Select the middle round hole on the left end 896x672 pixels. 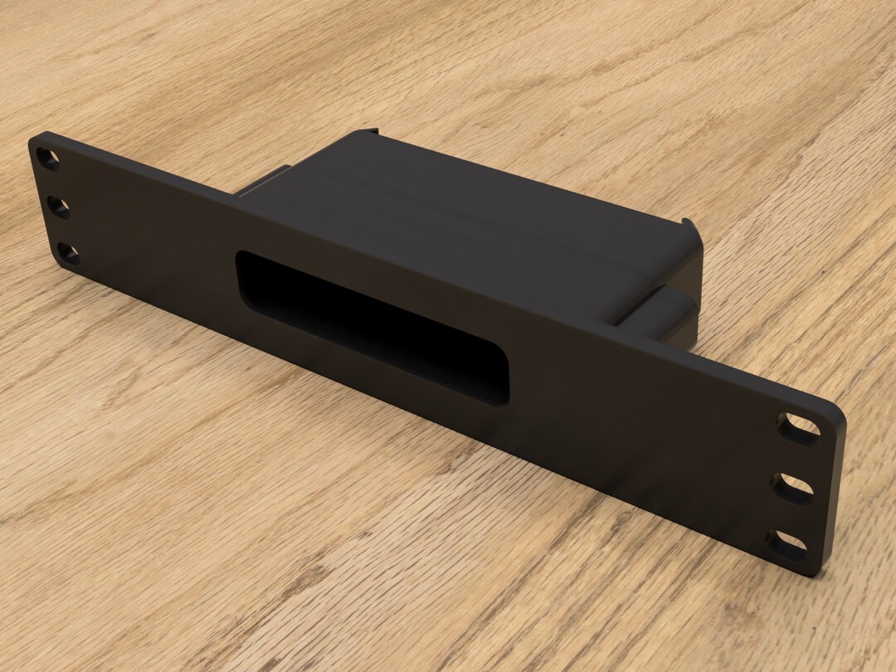click(59, 207)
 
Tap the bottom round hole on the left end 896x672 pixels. click(69, 254)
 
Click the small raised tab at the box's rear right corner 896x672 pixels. click(687, 225)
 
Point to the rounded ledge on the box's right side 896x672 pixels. click(660, 311)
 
